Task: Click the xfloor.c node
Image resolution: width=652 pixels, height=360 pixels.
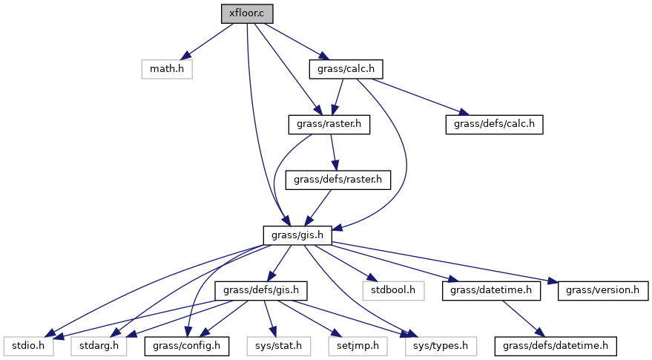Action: click(243, 13)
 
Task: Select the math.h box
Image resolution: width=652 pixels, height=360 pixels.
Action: click(167, 69)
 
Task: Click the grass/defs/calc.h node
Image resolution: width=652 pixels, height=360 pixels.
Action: click(494, 125)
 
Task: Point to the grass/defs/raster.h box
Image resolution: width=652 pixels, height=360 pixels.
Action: click(337, 180)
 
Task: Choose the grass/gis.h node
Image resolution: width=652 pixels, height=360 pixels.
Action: click(297, 235)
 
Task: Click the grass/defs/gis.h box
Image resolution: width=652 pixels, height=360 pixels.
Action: click(260, 290)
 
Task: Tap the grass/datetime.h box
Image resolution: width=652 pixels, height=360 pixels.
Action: click(490, 290)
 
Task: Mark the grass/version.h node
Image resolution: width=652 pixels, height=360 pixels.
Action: click(599, 290)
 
